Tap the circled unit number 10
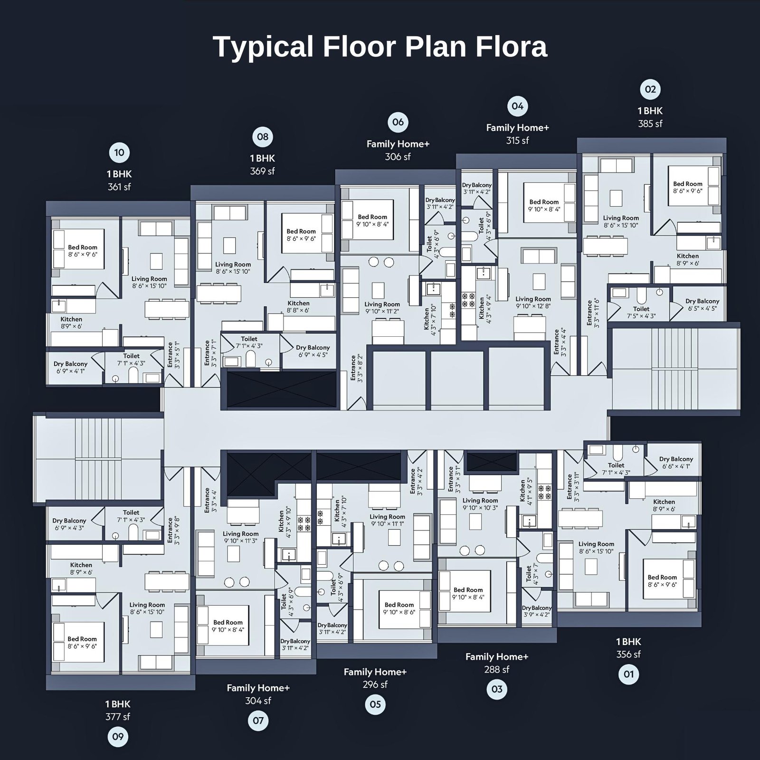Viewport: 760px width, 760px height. click(x=119, y=152)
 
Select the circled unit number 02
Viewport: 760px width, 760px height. click(x=650, y=89)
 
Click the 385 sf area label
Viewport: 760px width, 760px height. click(x=650, y=123)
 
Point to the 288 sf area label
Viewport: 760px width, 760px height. click(x=496, y=669)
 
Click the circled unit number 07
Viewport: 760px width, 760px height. click(x=258, y=721)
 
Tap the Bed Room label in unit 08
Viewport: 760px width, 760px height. click(x=301, y=235)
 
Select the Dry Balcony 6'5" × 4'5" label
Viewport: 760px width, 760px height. click(x=702, y=304)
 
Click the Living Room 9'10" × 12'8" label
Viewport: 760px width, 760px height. click(x=533, y=303)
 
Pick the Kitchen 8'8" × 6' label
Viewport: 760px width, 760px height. click(x=298, y=306)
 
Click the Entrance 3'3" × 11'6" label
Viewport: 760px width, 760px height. click(x=593, y=313)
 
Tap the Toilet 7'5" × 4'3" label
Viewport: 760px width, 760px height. click(x=641, y=312)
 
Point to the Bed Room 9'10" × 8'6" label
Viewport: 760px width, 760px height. click(x=399, y=608)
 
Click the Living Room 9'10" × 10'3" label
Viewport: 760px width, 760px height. click(x=480, y=503)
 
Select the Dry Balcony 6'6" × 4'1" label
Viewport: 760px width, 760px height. click(x=676, y=462)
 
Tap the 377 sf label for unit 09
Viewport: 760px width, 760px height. click(x=117, y=717)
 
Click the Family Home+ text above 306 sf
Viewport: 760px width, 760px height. click(x=398, y=144)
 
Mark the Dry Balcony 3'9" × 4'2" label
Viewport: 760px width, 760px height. click(x=537, y=611)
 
